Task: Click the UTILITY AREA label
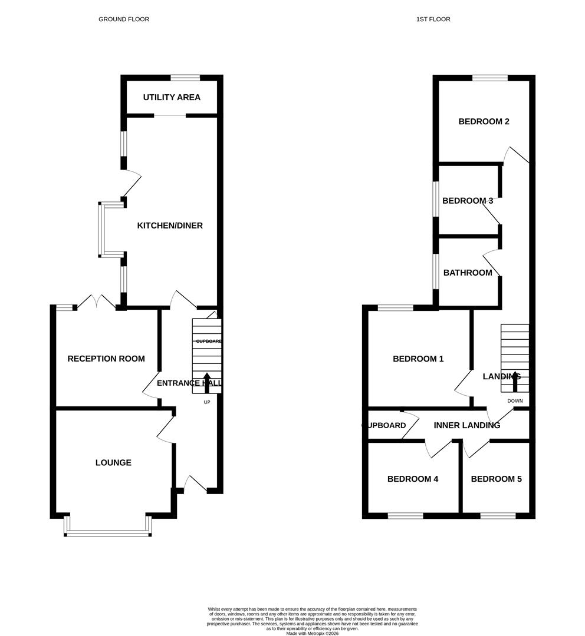tap(172, 97)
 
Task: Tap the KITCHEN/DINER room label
tap(170, 226)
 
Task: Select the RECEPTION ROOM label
tap(106, 359)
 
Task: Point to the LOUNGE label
tap(113, 463)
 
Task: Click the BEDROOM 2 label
tap(484, 122)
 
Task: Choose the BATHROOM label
tap(468, 273)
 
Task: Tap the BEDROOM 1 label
tap(418, 359)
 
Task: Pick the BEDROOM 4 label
tap(413, 479)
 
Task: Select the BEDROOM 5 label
tap(496, 479)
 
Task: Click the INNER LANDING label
tap(466, 425)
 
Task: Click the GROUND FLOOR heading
tap(124, 19)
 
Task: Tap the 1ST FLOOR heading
tap(433, 19)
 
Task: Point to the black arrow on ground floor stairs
tap(207, 382)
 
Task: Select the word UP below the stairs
tap(207, 403)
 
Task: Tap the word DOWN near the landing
tap(515, 401)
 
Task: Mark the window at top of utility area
tap(185, 77)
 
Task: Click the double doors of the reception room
tap(96, 302)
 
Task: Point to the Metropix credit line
tap(313, 633)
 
